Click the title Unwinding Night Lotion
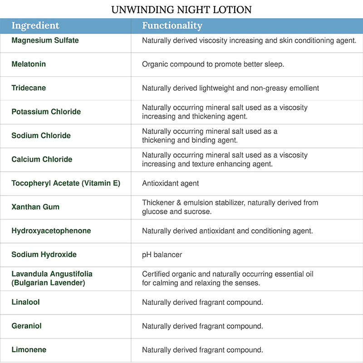click(181, 9)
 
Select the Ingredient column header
click(35, 25)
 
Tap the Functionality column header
click(172, 25)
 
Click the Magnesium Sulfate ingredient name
click(45, 40)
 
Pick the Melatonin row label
click(29, 64)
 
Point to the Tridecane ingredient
click(29, 88)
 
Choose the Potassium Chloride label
click(46, 112)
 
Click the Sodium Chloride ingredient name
click(41, 136)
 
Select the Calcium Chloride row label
click(42, 159)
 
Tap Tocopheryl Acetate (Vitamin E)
click(65, 183)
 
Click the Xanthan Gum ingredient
click(35, 207)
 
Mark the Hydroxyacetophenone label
click(51, 231)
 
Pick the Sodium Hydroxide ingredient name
click(44, 255)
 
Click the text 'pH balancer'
click(162, 255)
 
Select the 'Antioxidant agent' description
click(170, 183)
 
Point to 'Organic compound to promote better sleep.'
click(213, 64)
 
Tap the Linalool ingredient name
click(26, 302)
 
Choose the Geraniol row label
click(26, 326)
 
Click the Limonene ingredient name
click(29, 350)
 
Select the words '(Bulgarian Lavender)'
click(49, 283)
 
